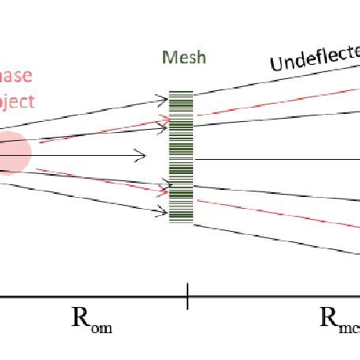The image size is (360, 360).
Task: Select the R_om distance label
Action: point(92,320)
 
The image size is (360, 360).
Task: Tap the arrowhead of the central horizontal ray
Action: point(142,155)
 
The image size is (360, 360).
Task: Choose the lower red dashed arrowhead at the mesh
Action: point(165,191)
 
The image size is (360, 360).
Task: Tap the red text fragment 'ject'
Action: point(15,103)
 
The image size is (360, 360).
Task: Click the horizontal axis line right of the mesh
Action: point(277,159)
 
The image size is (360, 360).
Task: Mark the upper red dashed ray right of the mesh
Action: point(277,100)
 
